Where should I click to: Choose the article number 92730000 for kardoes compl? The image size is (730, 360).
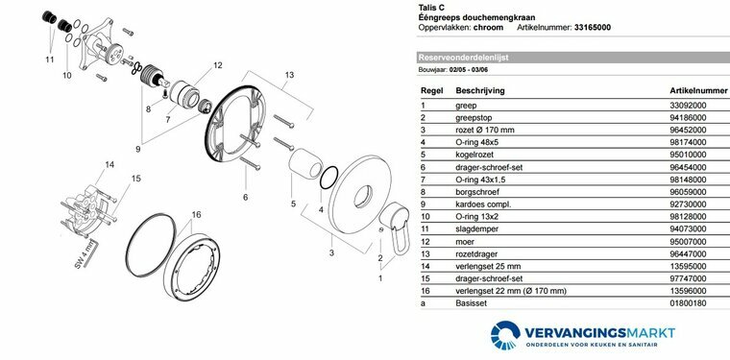[688, 204]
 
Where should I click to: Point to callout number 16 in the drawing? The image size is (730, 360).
[196, 214]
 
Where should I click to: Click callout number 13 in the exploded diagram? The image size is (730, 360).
[289, 74]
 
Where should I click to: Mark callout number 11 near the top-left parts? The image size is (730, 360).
[49, 59]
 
